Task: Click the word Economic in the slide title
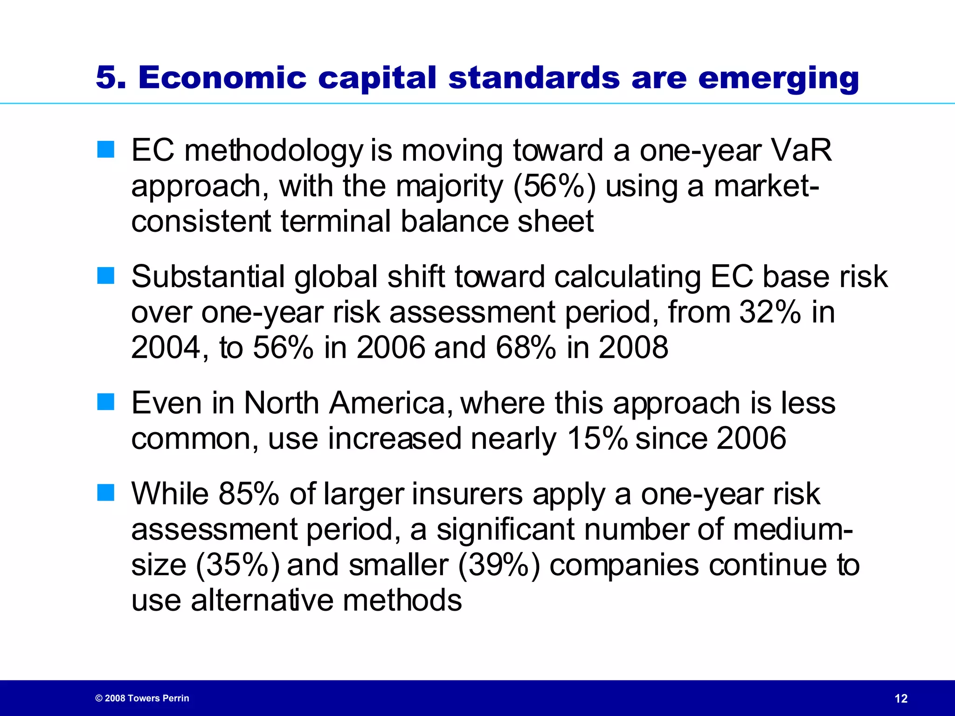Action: tap(222, 77)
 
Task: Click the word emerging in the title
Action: tap(778, 78)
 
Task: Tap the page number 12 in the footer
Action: tap(901, 698)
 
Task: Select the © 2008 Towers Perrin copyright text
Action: tap(142, 698)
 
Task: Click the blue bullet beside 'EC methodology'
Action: tap(106, 150)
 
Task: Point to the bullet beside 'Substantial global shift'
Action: tap(106, 275)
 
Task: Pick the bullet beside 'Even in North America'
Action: tap(106, 402)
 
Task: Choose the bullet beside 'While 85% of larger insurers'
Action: tap(106, 493)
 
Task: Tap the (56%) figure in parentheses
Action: tap(554, 186)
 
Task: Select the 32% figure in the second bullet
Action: tap(770, 312)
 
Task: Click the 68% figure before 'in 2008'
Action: tap(526, 347)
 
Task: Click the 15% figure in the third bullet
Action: tap(597, 438)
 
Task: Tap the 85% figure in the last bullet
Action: tap(249, 494)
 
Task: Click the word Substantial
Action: tap(208, 276)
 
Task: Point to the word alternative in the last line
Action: tap(262, 600)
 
